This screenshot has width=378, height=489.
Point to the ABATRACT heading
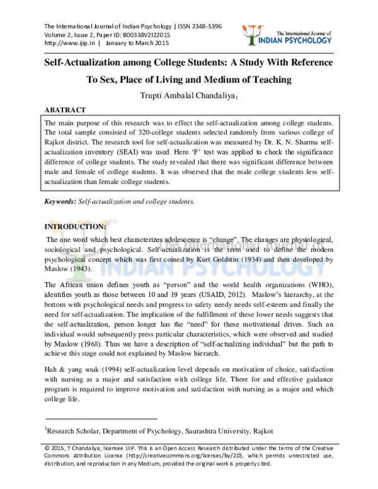pyautogui.click(x=66, y=108)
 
